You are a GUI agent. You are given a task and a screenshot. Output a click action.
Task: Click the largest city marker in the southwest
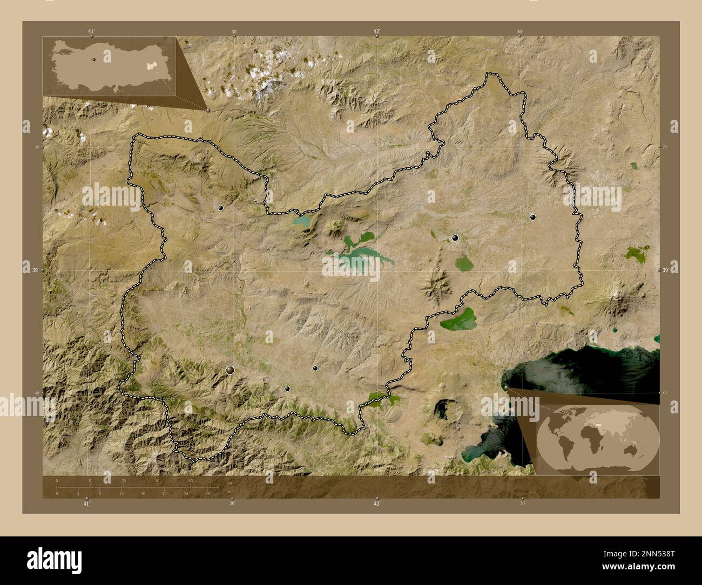click(x=231, y=370)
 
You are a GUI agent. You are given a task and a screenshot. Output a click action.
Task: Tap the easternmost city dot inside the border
click(x=533, y=217)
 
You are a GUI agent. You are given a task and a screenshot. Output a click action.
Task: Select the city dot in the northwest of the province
click(x=220, y=207)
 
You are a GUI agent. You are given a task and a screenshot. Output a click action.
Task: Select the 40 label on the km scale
click(x=191, y=480)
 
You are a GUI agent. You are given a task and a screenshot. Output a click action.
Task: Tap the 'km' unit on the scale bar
click(x=230, y=483)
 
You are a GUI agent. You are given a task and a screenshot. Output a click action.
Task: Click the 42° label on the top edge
click(x=376, y=31)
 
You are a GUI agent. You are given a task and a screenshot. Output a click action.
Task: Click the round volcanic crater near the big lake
click(x=446, y=410)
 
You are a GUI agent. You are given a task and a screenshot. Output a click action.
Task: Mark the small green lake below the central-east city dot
click(x=463, y=263)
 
